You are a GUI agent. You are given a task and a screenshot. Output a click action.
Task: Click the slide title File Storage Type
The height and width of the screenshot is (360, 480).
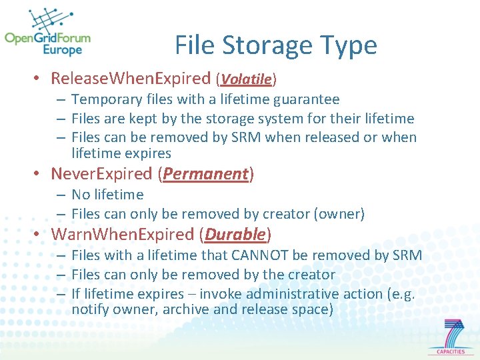[x=275, y=45]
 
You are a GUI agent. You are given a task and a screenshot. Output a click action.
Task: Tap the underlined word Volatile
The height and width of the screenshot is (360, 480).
[x=246, y=79]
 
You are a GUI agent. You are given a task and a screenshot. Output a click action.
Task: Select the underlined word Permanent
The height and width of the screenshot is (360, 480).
[x=205, y=174]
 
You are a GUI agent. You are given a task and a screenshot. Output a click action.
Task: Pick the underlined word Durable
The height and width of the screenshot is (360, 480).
[x=235, y=235]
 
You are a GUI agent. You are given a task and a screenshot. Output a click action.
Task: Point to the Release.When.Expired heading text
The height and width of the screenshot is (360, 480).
[x=131, y=79]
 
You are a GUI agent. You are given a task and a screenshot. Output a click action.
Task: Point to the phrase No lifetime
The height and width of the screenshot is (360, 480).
[x=107, y=195]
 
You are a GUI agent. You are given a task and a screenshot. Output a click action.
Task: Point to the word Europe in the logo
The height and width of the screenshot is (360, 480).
[x=62, y=50]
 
